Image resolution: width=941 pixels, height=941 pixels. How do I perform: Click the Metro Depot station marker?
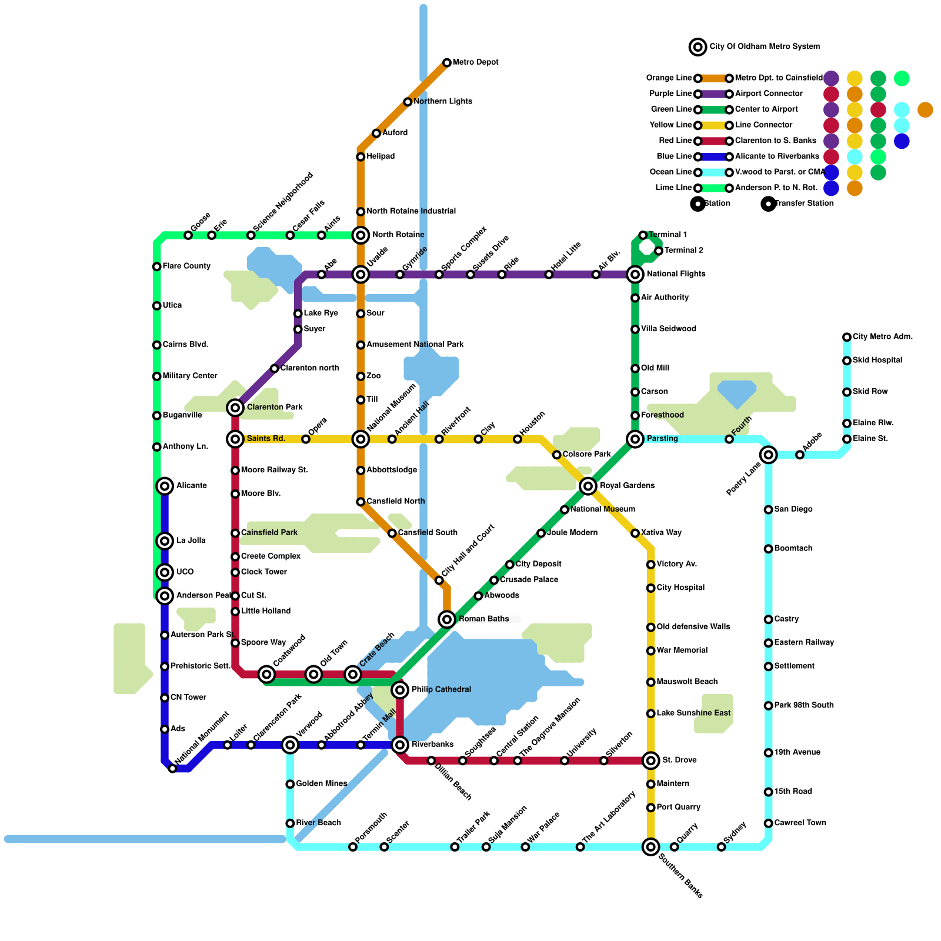447,63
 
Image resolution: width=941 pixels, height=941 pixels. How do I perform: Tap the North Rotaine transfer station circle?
361,235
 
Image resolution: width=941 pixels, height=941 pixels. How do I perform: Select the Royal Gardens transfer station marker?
588,486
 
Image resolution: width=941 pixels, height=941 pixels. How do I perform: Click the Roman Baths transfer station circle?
447,619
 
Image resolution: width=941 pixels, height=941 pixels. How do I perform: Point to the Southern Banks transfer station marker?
650,847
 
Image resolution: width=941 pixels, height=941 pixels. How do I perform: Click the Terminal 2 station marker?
659,251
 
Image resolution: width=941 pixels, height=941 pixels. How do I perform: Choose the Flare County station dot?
156,267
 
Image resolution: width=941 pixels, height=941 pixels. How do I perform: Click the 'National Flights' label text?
676,274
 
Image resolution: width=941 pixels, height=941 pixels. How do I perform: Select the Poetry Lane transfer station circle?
768,455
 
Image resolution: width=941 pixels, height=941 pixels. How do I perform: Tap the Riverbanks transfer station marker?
400,745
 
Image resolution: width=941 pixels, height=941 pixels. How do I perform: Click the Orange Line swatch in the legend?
713,78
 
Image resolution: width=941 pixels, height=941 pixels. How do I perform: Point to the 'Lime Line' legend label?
673,188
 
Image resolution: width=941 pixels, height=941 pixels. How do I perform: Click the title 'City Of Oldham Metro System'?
765,46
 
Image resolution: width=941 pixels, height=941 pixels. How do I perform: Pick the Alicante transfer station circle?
165,486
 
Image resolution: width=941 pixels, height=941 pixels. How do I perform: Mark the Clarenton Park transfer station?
235,408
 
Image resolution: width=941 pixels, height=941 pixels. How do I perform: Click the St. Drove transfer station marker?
650,761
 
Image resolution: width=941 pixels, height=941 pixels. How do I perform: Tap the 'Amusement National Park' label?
415,345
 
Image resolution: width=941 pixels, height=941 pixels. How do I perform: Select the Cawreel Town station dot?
768,823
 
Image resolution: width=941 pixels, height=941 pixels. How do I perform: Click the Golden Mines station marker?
290,784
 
